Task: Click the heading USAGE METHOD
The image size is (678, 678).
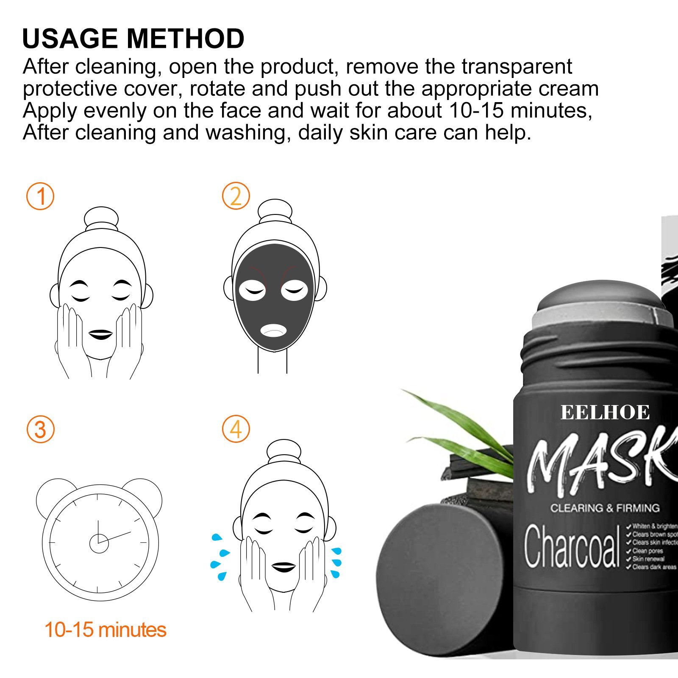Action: click(133, 39)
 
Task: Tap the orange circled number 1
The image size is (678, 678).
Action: click(40, 196)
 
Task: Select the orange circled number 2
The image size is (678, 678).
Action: click(236, 196)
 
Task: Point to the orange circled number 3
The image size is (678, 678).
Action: click(40, 429)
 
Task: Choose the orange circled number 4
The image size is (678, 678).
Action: click(236, 429)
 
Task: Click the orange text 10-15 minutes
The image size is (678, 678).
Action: click(105, 630)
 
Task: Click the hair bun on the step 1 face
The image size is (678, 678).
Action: click(101, 218)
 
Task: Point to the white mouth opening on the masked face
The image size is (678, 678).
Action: click(274, 330)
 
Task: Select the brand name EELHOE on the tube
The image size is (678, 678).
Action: click(605, 413)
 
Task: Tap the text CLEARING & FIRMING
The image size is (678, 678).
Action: click(605, 508)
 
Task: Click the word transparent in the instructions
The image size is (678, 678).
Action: click(517, 67)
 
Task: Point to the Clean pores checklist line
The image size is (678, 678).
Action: click(647, 551)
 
